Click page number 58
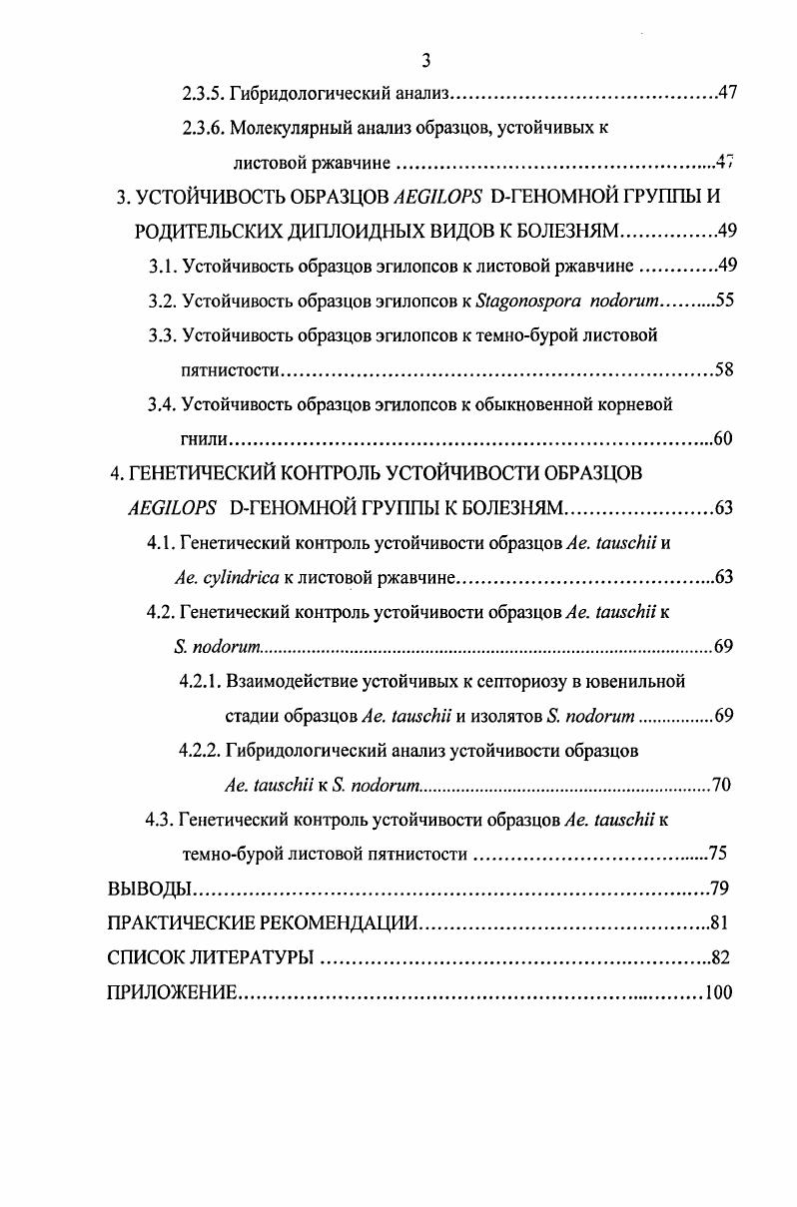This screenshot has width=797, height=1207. pos(724,370)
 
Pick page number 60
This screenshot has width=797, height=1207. pos(724,439)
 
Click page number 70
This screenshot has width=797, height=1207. pos(721,785)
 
